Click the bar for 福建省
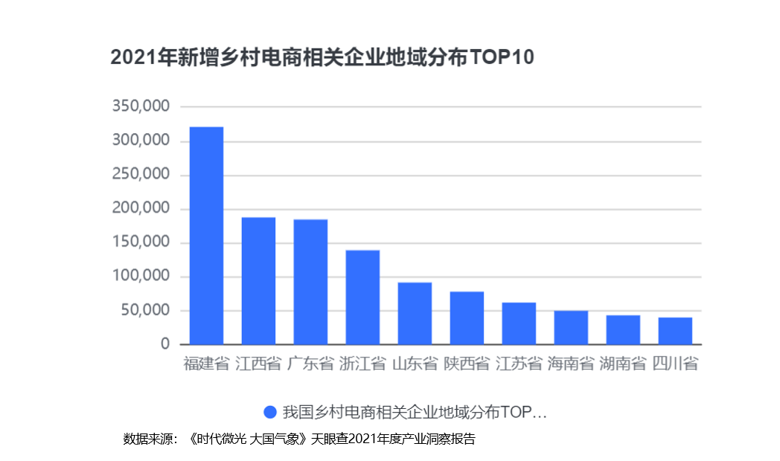tap(206, 236)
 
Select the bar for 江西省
tap(258, 281)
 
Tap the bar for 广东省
tap(310, 282)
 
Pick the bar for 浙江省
tap(362, 297)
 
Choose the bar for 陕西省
tap(467, 318)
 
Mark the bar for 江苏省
tap(519, 323)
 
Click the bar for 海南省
tap(571, 328)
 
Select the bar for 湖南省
tap(623, 330)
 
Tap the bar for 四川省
tap(675, 331)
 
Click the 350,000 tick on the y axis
tap(141, 106)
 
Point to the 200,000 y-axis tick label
tap(141, 208)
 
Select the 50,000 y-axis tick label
tap(144, 310)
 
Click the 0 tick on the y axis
tap(164, 344)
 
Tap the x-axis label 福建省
tap(206, 364)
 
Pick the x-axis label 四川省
tap(675, 364)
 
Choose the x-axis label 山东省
tap(415, 364)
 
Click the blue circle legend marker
tap(270, 412)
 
